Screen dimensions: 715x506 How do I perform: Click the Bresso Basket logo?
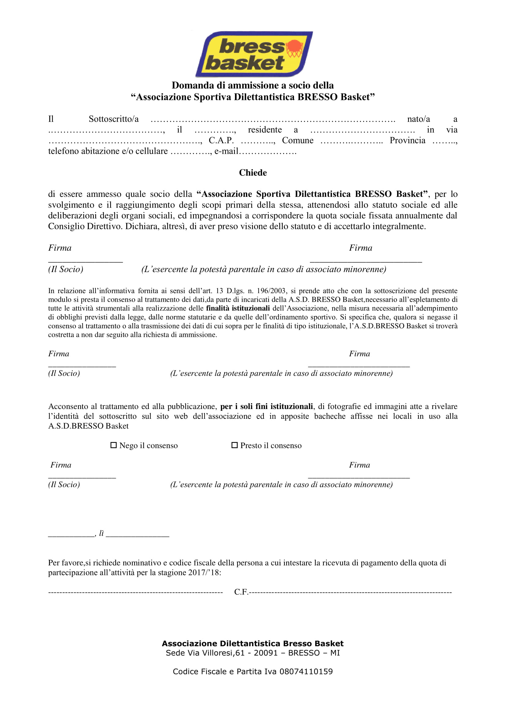coord(254,54)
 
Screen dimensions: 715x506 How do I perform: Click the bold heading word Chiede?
coord(253,173)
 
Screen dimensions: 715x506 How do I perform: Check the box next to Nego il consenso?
coord(113,445)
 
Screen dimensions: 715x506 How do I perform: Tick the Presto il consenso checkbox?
coord(234,445)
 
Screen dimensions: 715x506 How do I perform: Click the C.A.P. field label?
coord(221,140)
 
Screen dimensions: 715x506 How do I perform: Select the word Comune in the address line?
coord(298,140)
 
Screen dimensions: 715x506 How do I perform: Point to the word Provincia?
coord(407,140)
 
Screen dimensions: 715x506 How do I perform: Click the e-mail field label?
coord(226,151)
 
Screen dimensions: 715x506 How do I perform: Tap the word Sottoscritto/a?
coord(113,119)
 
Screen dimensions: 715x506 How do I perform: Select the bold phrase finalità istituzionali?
coord(238,308)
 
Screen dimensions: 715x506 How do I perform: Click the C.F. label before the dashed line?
coord(241,592)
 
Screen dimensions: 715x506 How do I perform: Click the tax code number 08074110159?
coord(306,672)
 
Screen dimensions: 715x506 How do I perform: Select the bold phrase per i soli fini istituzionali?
coord(266,406)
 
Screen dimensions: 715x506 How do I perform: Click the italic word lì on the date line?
coord(101,533)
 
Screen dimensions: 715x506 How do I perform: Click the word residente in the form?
coord(265,130)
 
